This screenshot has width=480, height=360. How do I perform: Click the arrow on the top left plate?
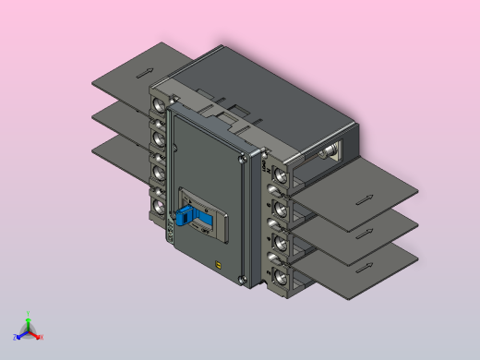[144, 71]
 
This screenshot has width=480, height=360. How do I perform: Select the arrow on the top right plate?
[365, 198]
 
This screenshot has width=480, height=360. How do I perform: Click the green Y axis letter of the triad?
[28, 314]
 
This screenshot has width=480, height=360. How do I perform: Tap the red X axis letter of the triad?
[42, 337]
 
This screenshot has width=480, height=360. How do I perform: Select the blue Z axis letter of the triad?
[15, 338]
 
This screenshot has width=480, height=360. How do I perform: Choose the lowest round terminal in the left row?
[159, 205]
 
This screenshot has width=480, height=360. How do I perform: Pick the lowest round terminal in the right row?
[278, 275]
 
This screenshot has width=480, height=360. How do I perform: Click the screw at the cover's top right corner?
[242, 159]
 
